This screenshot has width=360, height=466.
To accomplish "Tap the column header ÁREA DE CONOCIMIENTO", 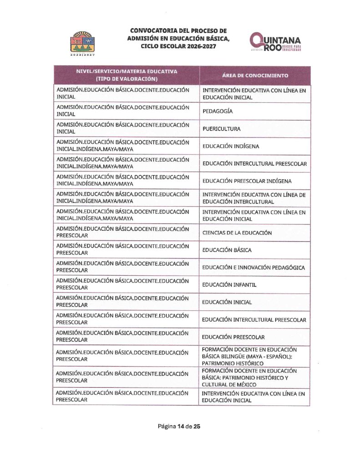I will click(255, 75).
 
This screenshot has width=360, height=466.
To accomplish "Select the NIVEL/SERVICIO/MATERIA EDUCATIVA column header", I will click(127, 75).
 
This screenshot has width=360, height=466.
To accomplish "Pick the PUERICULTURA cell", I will click(222, 129).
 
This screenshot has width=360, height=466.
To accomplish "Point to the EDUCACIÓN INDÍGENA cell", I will click(231, 146).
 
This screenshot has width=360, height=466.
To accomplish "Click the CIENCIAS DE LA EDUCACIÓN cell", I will click(237, 233).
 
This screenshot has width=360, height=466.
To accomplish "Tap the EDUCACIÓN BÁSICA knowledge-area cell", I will click(227, 250).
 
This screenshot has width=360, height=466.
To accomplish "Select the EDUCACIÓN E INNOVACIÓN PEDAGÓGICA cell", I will click(254, 268).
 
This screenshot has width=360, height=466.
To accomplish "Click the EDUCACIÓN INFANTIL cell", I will click(229, 285).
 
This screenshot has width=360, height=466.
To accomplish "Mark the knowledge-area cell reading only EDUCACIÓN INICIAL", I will click(227, 302).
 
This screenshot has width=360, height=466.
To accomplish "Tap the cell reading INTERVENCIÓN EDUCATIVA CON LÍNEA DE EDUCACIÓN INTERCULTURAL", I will click(254, 198).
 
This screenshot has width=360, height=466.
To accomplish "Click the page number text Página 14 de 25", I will click(179, 426).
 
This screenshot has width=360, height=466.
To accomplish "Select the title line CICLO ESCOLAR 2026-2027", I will click(178, 46).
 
